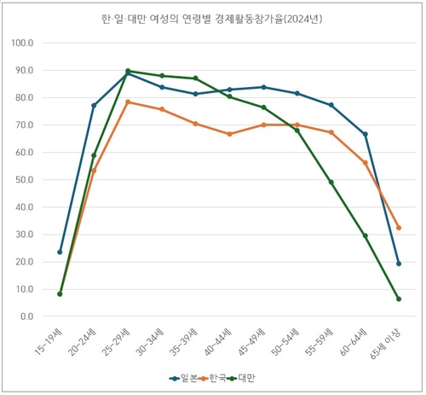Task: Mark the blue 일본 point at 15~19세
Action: coord(60,252)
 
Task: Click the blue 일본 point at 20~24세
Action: coord(94,106)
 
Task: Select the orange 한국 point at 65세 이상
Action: coord(398,228)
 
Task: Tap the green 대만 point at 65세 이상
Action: coord(398,299)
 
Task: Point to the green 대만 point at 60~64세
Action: coord(365,235)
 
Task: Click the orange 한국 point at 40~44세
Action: coord(229,134)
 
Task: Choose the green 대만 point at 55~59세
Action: coord(331,182)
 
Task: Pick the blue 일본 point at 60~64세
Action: coord(365,135)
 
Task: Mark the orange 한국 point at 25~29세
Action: coord(128,102)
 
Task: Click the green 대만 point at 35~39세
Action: coord(195,78)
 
